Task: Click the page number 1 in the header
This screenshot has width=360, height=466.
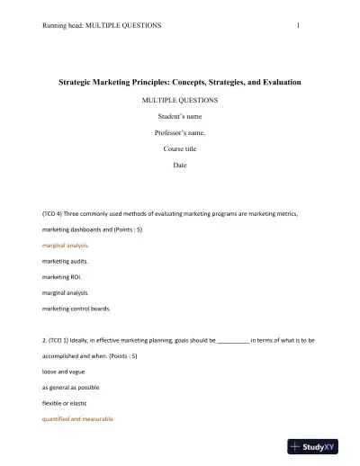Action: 297,25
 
